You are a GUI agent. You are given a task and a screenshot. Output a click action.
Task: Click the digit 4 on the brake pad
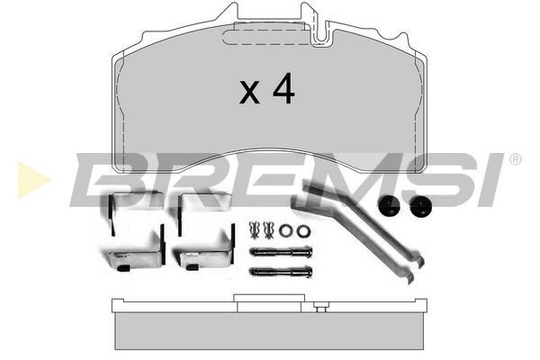click(x=283, y=88)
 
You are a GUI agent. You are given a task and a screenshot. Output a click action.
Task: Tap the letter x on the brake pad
click(x=249, y=92)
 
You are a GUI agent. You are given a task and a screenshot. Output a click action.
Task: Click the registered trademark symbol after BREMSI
click(x=515, y=159)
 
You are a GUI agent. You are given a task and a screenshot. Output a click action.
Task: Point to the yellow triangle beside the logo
click(x=33, y=180)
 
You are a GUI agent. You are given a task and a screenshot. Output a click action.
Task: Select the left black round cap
click(x=389, y=206)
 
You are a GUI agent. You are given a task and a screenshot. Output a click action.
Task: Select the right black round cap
click(x=420, y=206)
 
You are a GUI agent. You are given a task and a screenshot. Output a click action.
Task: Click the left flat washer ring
click(x=285, y=230)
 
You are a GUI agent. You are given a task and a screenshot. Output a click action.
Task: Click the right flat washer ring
click(x=303, y=230)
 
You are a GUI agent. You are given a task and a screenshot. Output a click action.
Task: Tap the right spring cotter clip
click(x=268, y=230)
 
